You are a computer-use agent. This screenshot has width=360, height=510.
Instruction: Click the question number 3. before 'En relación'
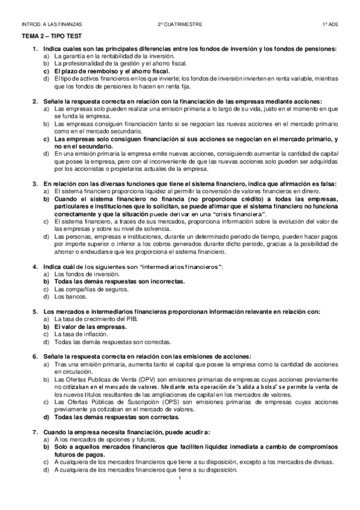point(37,182)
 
